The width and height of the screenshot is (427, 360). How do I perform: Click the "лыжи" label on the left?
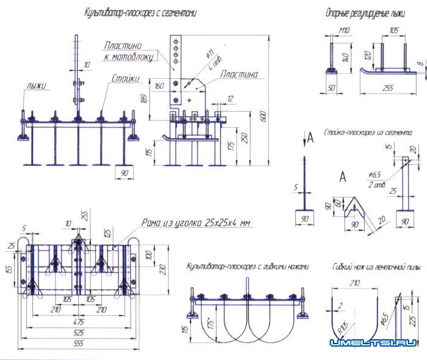point(36,86)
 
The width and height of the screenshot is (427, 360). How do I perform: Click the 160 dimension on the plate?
point(160,86)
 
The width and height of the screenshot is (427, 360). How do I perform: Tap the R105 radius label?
point(341,328)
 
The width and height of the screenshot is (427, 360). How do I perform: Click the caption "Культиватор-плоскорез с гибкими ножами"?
point(248,266)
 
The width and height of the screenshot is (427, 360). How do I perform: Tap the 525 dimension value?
point(78,333)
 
